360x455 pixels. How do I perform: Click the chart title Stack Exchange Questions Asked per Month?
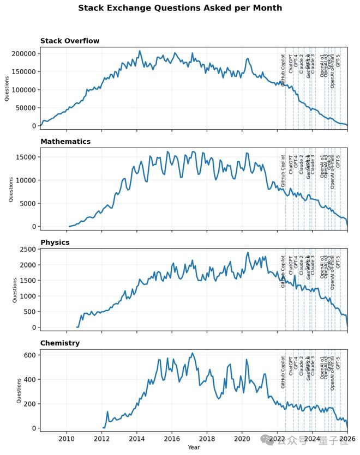[x=180, y=8]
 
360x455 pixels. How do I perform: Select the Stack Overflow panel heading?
[x=69, y=41]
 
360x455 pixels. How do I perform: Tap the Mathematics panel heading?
[x=65, y=142]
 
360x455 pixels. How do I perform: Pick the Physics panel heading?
[x=55, y=242]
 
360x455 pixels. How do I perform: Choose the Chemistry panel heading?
[x=60, y=343]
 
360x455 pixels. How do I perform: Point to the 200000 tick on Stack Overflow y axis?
[x=22, y=53]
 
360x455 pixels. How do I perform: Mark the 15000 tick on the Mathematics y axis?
[x=26, y=157]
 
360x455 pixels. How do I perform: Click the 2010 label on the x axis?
[x=67, y=439]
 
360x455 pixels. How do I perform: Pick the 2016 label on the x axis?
[x=172, y=439]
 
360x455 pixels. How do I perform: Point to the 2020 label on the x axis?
[x=242, y=439]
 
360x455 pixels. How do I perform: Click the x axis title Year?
[x=194, y=447]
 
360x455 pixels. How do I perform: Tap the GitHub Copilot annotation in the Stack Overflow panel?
[x=283, y=71]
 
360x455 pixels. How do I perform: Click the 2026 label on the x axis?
[x=347, y=439]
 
